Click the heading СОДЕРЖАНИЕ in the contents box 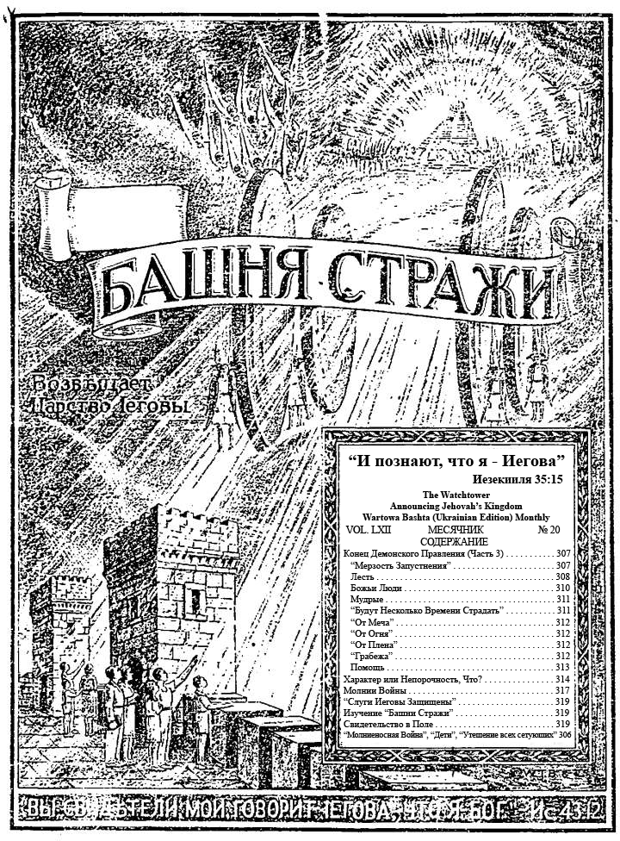tap(456, 541)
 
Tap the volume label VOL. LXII tap(367, 529)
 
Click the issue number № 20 tap(549, 529)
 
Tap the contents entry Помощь tap(368, 667)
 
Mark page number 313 tap(562, 667)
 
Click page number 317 tap(562, 690)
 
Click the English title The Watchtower tap(456, 494)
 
